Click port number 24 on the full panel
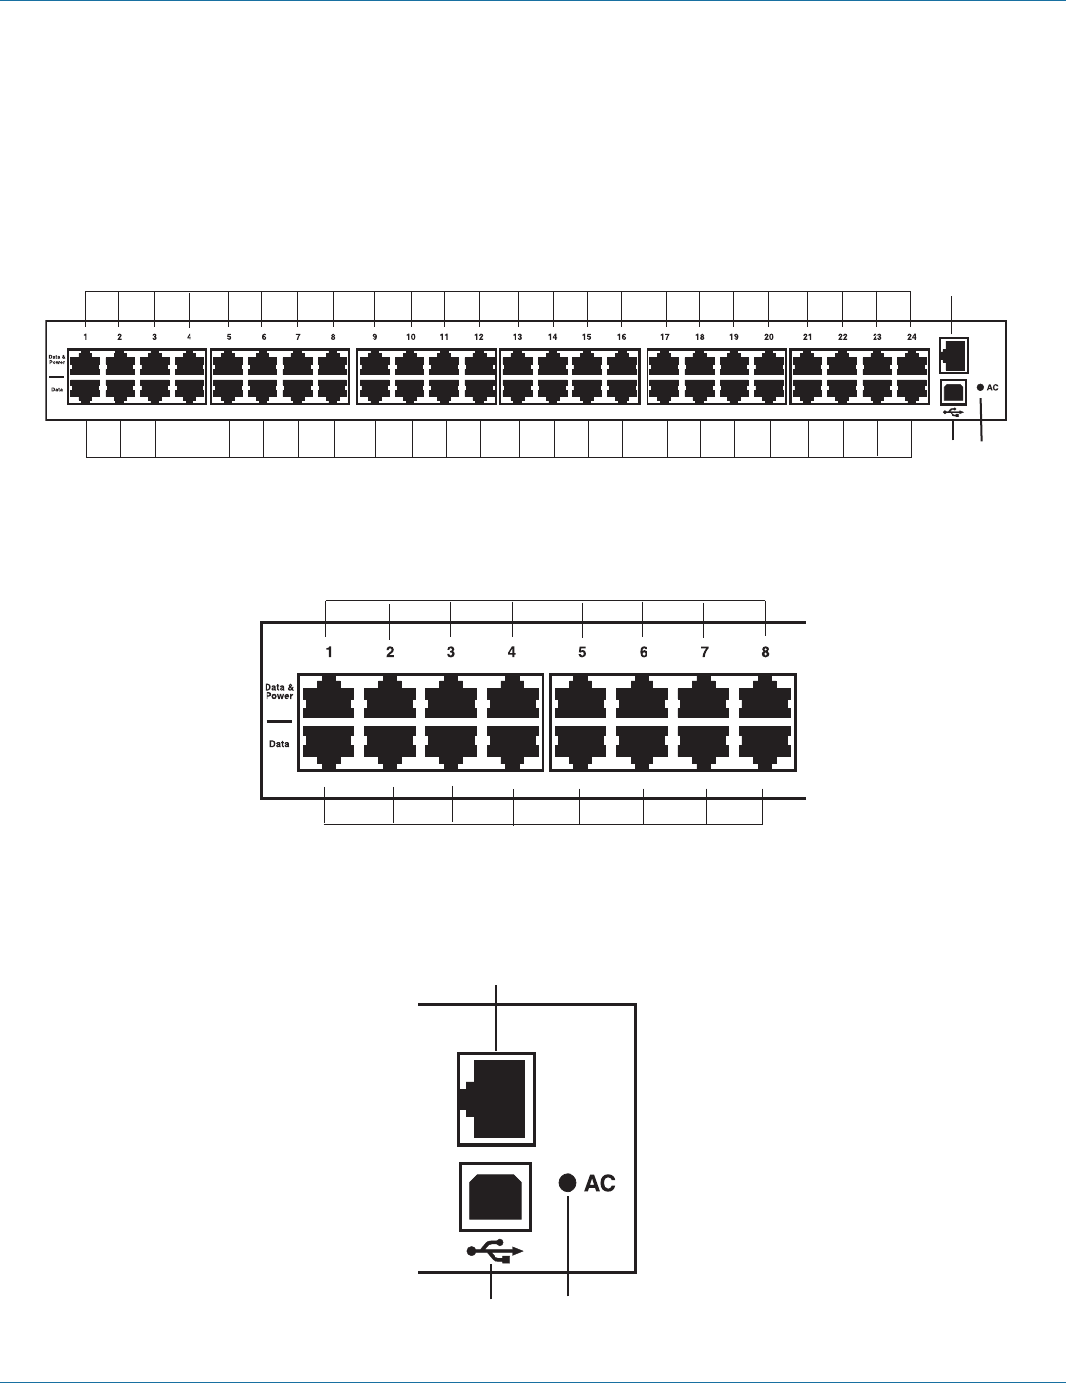click(x=911, y=337)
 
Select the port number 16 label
click(x=621, y=337)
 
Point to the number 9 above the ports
click(x=375, y=337)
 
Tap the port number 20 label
click(x=768, y=337)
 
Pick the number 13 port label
click(x=517, y=337)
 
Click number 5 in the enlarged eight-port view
click(x=582, y=652)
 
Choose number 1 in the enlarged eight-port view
click(x=329, y=652)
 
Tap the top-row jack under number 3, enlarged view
click(x=451, y=697)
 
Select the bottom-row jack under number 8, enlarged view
click(x=764, y=747)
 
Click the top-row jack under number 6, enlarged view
click(x=642, y=697)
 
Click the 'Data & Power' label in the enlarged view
click(x=279, y=691)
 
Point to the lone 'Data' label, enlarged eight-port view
click(x=279, y=743)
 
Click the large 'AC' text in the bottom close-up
click(x=600, y=1183)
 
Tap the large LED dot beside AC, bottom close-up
click(x=568, y=1183)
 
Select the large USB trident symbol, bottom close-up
click(x=496, y=1251)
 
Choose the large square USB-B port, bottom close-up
click(x=495, y=1197)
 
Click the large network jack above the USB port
click(x=496, y=1099)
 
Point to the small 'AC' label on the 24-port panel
click(x=993, y=388)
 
